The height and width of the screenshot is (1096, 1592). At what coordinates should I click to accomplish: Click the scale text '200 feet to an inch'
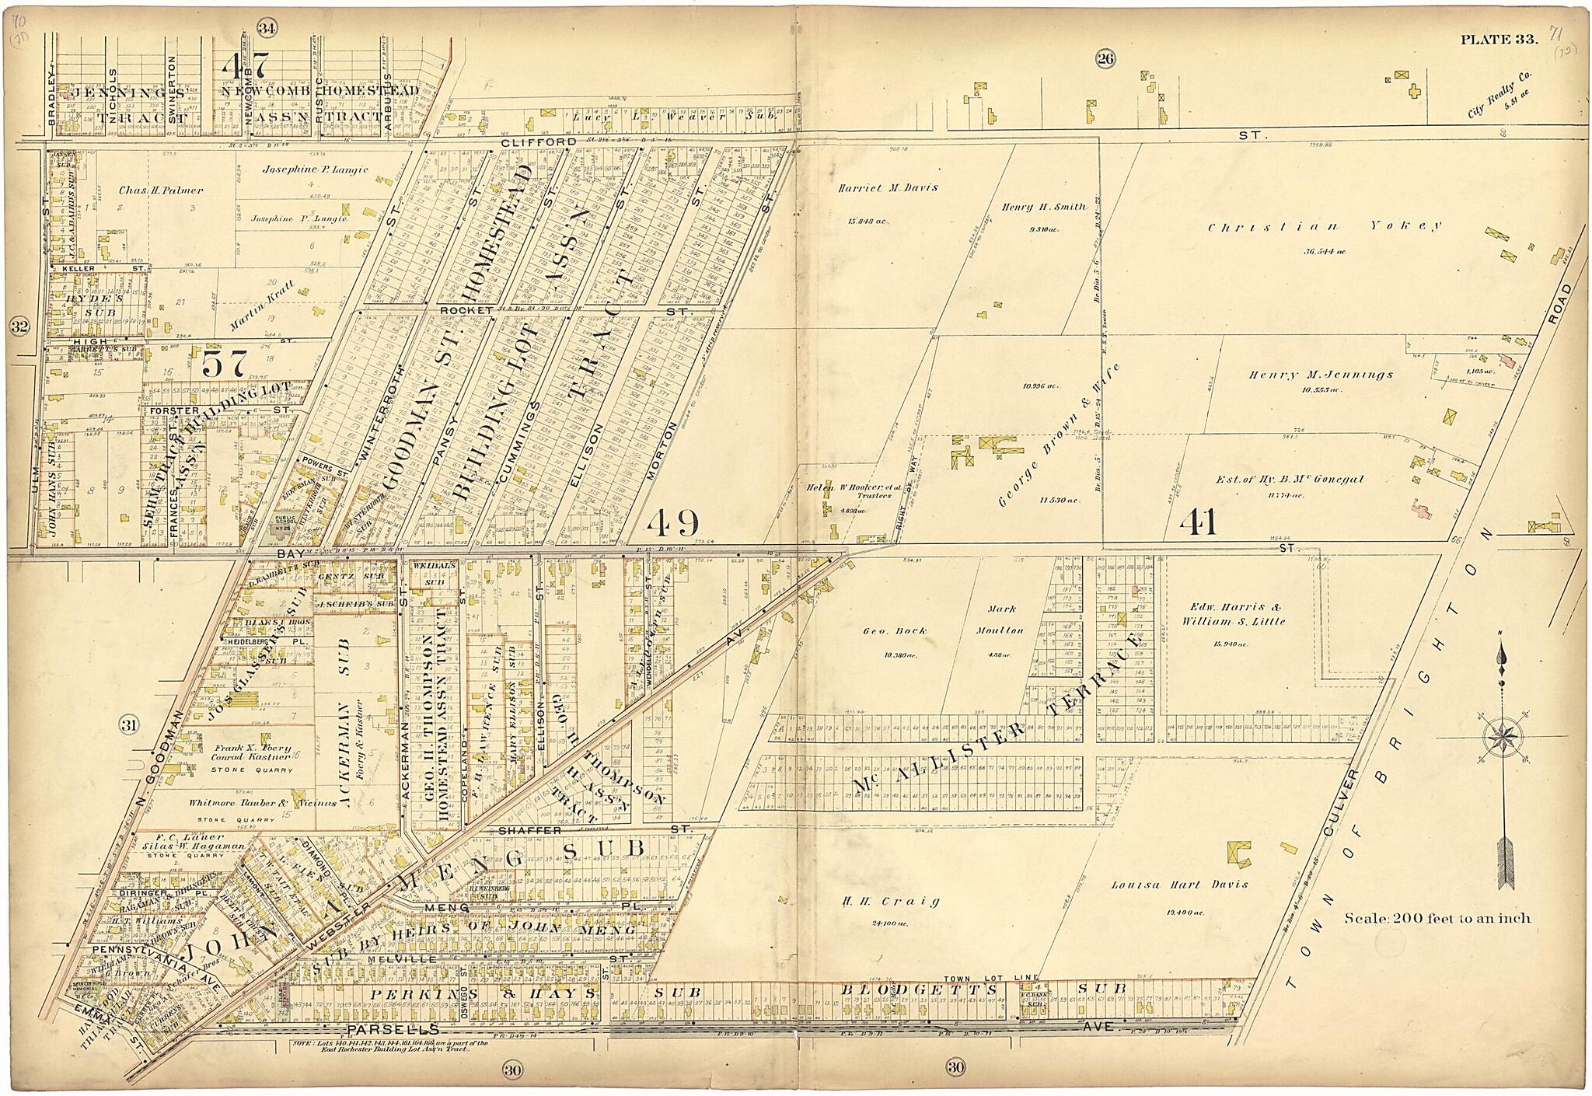pyautogui.click(x=1437, y=918)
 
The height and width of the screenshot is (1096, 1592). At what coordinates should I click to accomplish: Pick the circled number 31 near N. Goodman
pyautogui.click(x=129, y=726)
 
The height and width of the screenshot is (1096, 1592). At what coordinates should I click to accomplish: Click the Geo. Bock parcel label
pyautogui.click(x=882, y=630)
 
